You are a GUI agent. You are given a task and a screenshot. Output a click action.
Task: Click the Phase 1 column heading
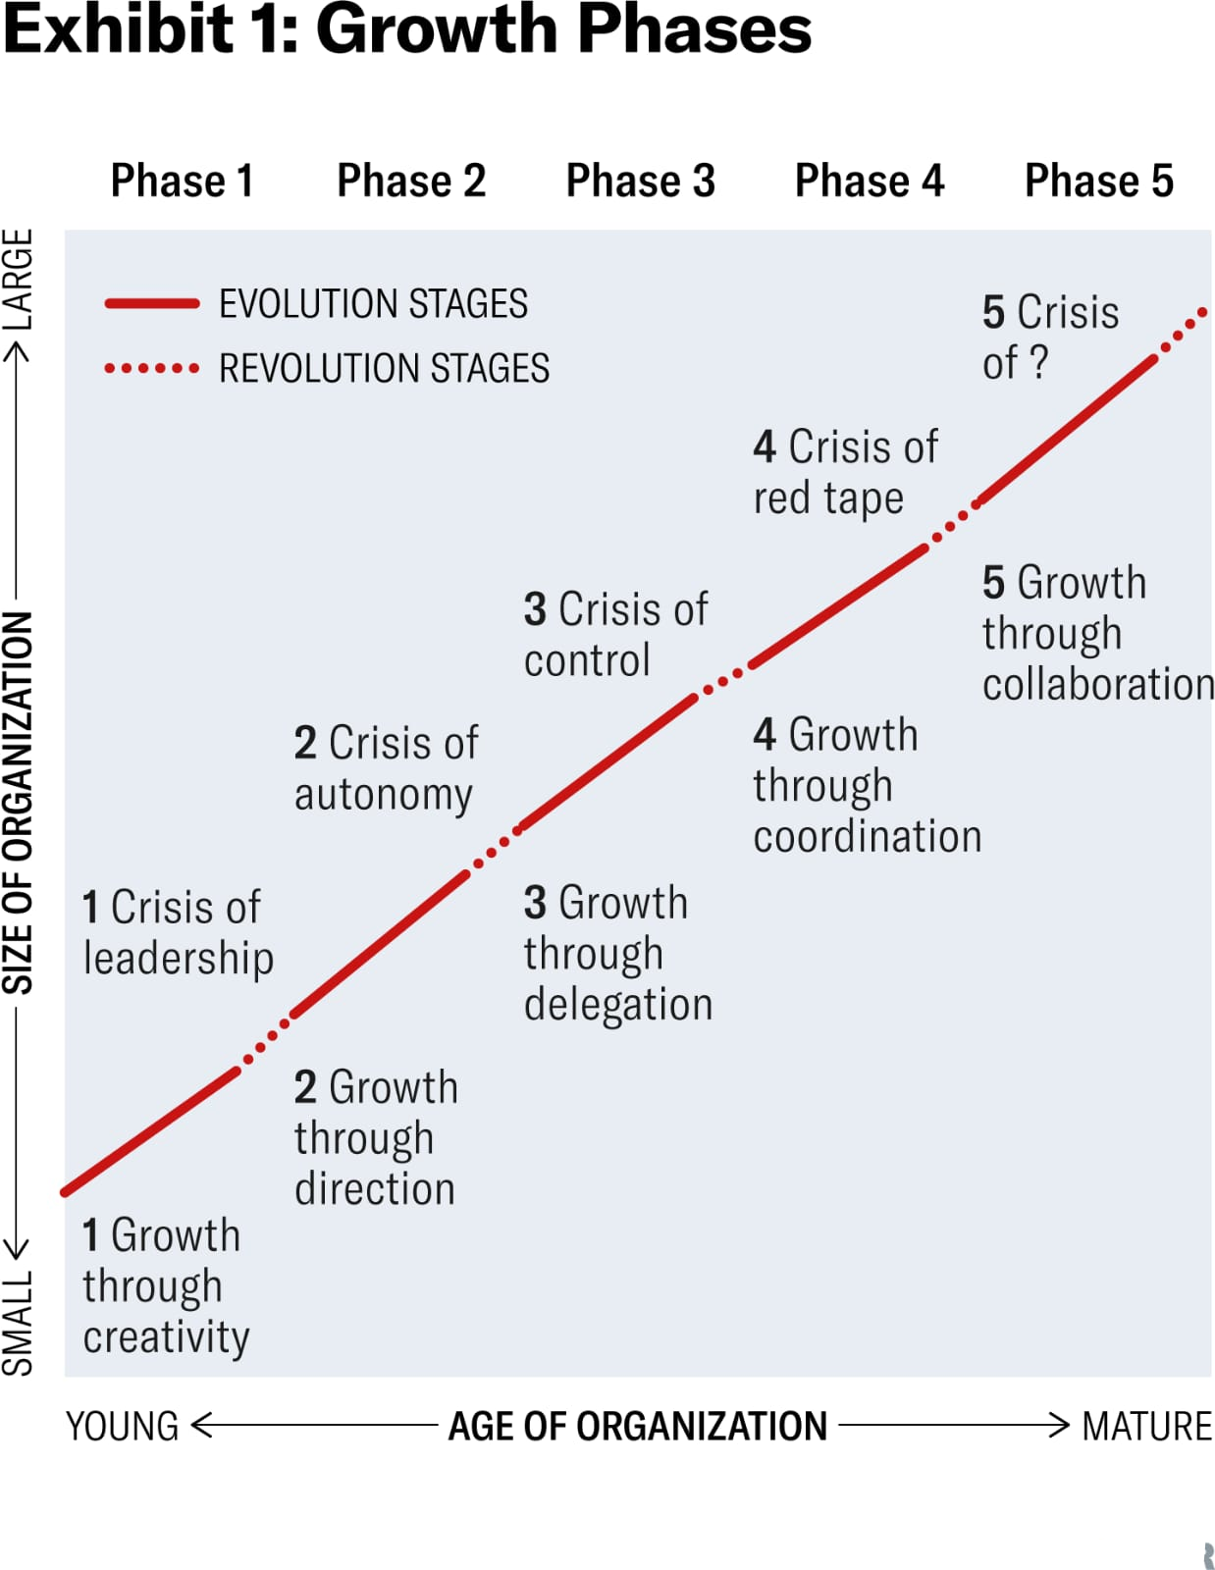click(182, 180)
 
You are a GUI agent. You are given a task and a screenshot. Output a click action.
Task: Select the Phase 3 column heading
click(640, 180)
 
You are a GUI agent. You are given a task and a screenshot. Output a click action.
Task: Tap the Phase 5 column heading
click(1098, 180)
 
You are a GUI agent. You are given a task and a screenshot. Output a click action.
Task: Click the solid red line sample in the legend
click(152, 303)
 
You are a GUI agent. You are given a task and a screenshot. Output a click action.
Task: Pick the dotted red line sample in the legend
click(152, 369)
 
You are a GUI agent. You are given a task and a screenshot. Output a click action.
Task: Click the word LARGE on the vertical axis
click(18, 280)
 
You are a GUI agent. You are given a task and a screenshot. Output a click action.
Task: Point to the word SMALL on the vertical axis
click(18, 1323)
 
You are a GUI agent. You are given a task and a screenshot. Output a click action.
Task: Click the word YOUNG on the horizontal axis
click(122, 1426)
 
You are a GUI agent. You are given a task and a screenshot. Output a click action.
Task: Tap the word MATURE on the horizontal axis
click(1146, 1426)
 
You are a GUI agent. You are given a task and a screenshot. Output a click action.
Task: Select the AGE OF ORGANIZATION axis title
click(637, 1426)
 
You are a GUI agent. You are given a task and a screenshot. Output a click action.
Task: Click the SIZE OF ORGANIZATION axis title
click(18, 803)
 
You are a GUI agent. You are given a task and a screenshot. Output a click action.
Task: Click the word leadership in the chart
click(179, 959)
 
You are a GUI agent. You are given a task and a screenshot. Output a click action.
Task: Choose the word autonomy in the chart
click(383, 795)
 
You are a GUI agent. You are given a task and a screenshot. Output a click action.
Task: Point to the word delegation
click(618, 1006)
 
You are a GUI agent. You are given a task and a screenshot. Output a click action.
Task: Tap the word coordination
click(868, 836)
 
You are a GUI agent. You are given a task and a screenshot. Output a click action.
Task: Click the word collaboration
click(1098, 684)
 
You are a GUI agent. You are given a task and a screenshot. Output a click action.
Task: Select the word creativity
click(166, 1338)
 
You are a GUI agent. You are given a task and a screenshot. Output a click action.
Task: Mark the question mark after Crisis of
click(1038, 362)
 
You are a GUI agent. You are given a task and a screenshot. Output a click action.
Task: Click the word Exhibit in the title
click(118, 30)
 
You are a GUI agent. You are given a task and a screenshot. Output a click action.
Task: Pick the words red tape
click(828, 498)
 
